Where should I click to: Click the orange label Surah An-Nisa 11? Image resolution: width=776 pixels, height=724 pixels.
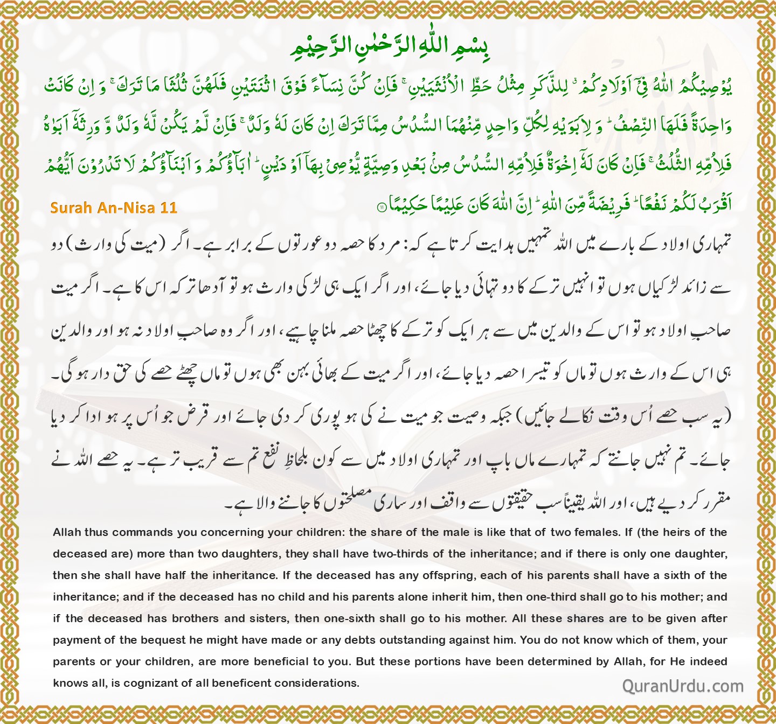[x=114, y=207]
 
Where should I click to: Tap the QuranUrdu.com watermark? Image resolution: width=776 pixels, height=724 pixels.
[x=683, y=686]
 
